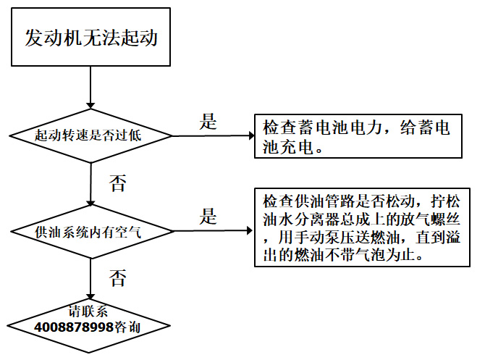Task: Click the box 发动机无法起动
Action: point(90,38)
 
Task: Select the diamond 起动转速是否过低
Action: point(90,135)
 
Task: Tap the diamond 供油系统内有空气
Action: point(90,232)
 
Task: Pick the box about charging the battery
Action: point(358,137)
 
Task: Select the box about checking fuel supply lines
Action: point(360,228)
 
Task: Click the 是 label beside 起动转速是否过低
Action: point(208,122)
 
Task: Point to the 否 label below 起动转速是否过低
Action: point(117,182)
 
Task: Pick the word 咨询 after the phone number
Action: point(127,327)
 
